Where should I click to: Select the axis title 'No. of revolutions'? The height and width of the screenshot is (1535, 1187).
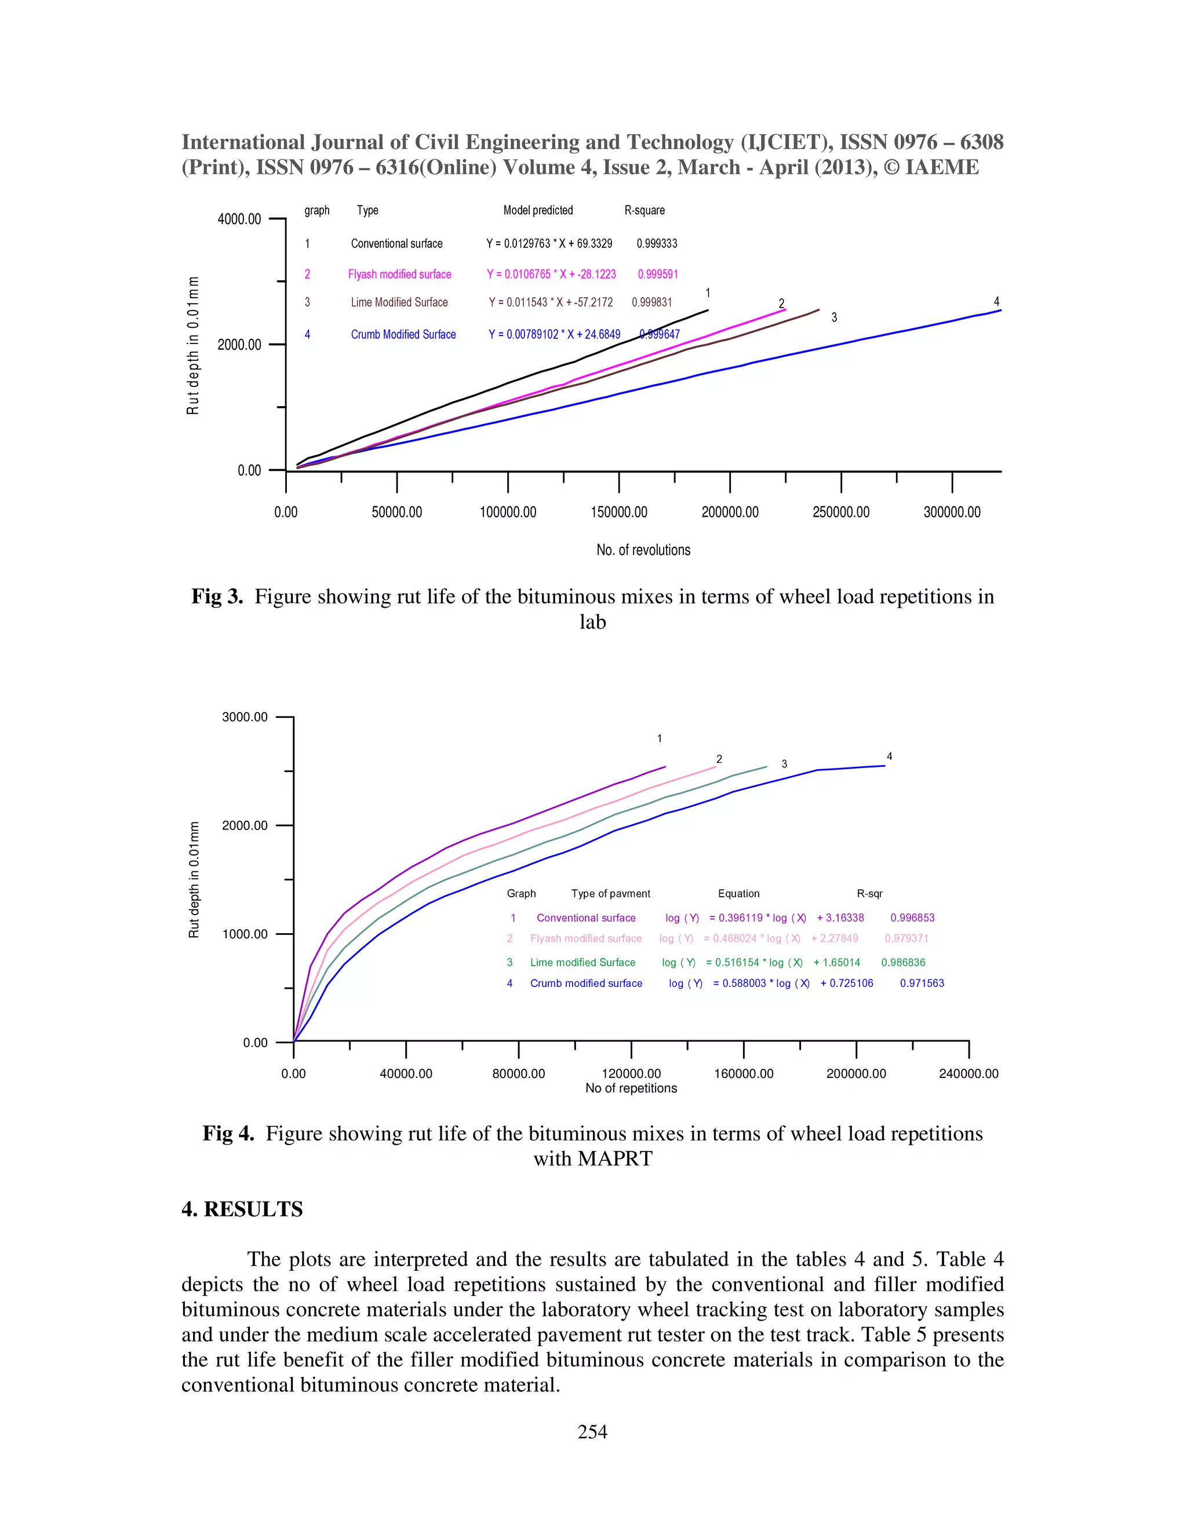[643, 550]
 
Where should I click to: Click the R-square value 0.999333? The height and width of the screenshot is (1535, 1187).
[657, 244]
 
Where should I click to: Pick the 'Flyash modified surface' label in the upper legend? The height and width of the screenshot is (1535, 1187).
[399, 275]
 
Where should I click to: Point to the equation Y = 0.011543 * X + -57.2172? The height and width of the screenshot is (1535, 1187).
[551, 303]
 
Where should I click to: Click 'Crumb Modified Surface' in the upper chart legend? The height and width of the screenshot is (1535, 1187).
[403, 335]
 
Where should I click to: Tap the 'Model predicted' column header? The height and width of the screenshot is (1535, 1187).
[538, 211]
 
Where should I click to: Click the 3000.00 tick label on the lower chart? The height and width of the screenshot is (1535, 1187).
[245, 718]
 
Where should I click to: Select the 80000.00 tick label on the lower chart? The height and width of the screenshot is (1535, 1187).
[518, 1074]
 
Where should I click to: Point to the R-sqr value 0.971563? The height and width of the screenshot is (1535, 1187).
[922, 984]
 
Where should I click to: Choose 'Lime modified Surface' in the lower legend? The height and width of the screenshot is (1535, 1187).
[582, 963]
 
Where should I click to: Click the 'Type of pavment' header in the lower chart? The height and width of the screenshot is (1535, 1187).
[610, 894]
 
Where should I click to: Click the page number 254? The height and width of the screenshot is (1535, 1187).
[592, 1432]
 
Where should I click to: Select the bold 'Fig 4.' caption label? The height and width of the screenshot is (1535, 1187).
[228, 1134]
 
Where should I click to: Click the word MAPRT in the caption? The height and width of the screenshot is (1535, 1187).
[614, 1159]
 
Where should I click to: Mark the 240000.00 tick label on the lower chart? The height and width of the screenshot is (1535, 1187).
[968, 1074]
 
